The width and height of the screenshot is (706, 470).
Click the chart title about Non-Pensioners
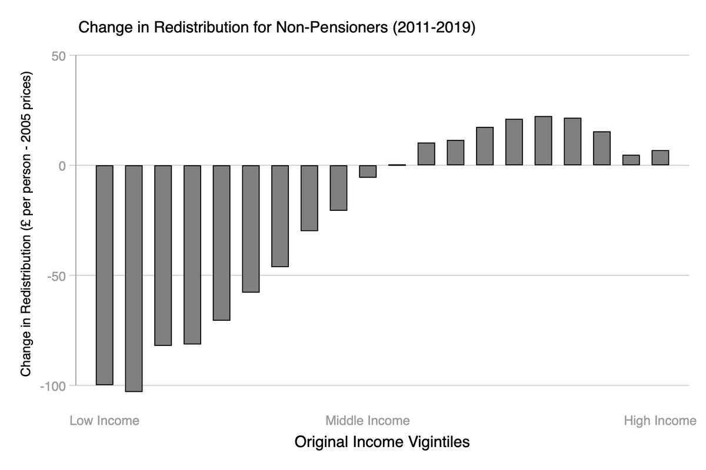277,27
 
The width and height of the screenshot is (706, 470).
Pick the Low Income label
105,421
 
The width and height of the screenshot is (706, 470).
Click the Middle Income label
368,421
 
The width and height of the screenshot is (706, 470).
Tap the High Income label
660,421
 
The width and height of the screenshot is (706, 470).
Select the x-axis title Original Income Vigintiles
382,442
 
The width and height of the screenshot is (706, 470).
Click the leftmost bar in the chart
104,275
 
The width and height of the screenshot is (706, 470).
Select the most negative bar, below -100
134,278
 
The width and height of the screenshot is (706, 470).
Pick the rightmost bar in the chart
660,158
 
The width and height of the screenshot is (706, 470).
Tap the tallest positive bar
543,141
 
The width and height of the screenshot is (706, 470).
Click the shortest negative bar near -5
368,171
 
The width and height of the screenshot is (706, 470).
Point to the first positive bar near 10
426,154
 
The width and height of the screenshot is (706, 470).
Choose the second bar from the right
631,160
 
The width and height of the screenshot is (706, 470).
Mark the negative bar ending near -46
280,216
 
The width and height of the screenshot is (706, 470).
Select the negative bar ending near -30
309,198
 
